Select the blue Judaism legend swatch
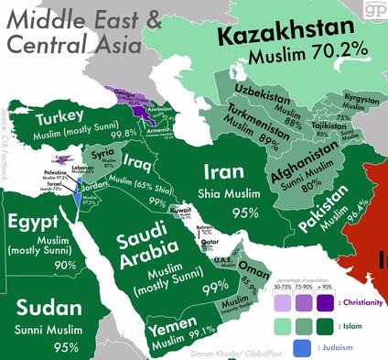click(300, 347)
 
